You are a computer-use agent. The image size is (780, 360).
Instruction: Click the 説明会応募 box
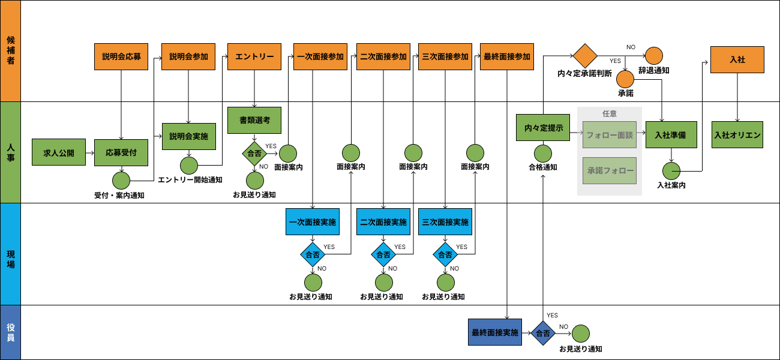(x=121, y=57)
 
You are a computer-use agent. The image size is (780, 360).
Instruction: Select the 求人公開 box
(x=59, y=153)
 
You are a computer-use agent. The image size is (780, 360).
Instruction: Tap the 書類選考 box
(x=254, y=120)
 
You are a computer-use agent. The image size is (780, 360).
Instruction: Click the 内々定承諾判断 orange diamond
(x=585, y=56)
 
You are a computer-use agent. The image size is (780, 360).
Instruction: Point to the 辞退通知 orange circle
(x=653, y=56)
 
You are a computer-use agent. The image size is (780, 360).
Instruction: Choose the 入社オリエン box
(x=737, y=136)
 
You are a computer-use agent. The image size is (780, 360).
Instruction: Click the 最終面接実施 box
(x=494, y=333)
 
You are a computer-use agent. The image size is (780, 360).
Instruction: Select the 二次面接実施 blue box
(x=383, y=222)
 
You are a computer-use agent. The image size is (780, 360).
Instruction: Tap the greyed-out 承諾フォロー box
(x=610, y=170)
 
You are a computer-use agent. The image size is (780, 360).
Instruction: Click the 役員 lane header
(x=10, y=332)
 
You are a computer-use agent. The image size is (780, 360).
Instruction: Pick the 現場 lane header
(x=10, y=254)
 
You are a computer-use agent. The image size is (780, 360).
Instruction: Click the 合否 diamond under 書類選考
(x=254, y=153)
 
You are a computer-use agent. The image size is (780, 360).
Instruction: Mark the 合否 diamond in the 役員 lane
(x=543, y=333)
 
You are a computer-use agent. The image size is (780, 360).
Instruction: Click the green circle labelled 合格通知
(x=543, y=153)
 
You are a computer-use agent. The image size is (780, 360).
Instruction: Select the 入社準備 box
(x=671, y=136)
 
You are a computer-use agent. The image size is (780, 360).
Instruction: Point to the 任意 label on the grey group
(x=610, y=113)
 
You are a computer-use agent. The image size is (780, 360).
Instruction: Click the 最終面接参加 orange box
(x=506, y=57)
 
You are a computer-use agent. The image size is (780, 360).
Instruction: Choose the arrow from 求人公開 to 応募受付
(x=89, y=153)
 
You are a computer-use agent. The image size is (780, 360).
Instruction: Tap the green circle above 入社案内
(x=671, y=171)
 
